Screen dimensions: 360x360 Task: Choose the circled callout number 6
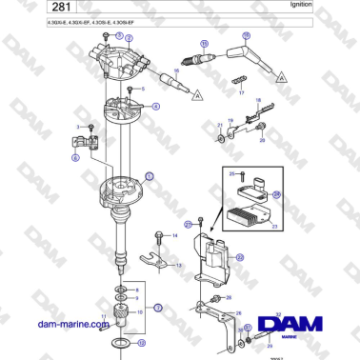click(76, 159)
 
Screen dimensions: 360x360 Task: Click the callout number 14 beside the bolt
click(174, 235)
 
